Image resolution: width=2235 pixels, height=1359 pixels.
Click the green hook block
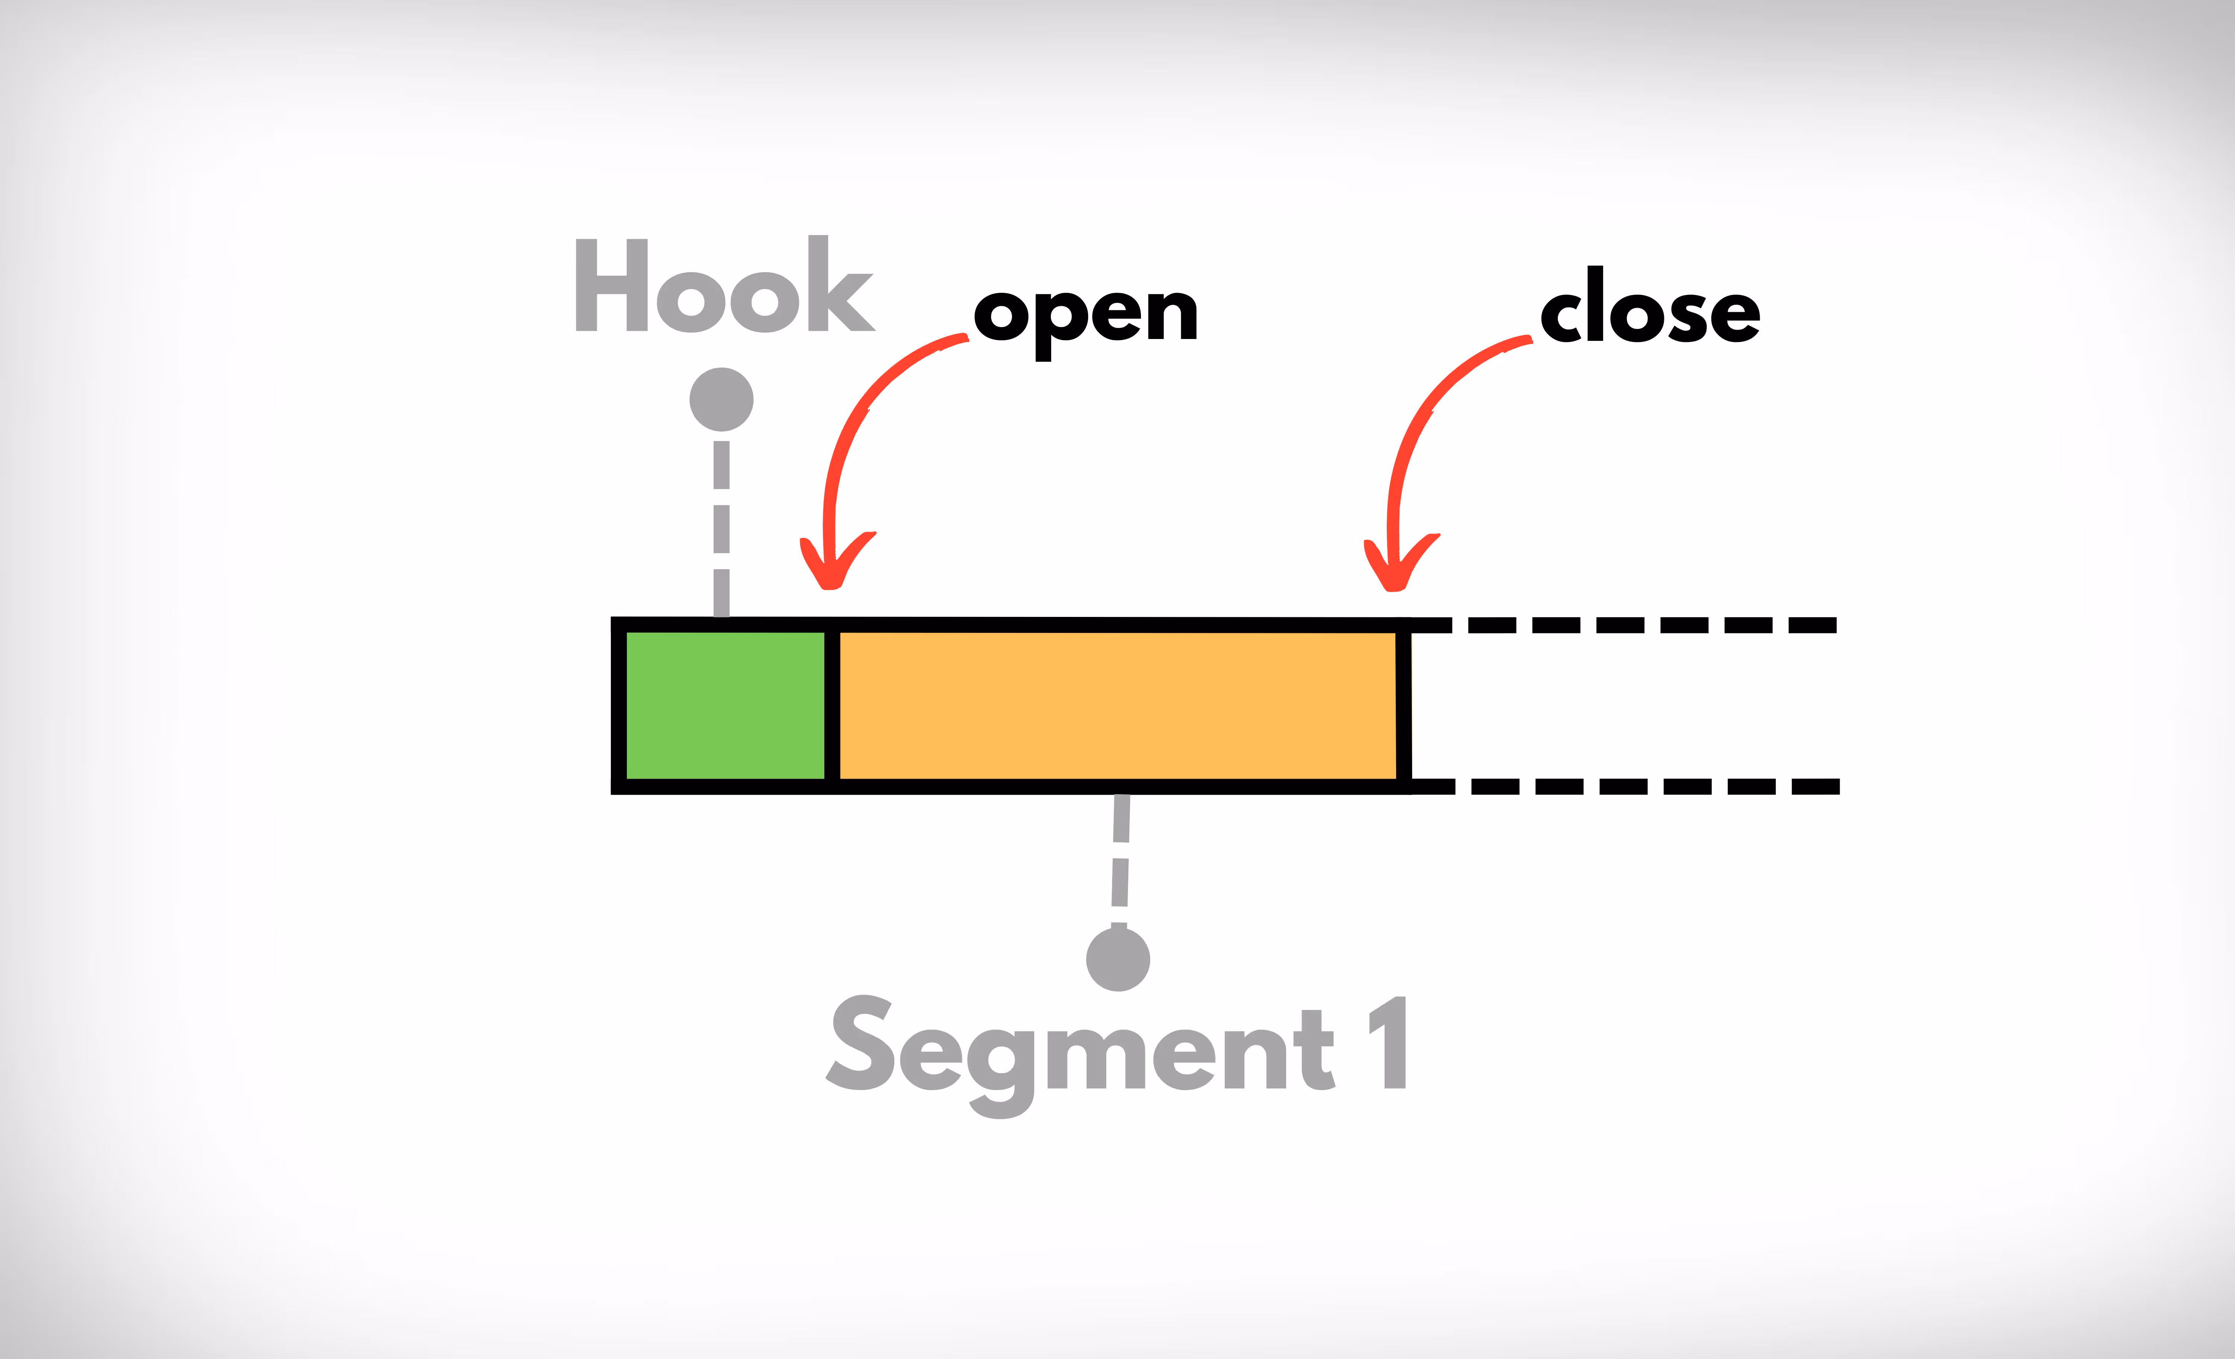(725, 705)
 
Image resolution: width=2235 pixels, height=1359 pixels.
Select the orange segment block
(1117, 705)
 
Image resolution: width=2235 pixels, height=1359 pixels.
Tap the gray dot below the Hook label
(721, 399)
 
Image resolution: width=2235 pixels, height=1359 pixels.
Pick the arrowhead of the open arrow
(833, 571)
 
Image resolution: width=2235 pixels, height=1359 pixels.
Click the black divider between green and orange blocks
(832, 705)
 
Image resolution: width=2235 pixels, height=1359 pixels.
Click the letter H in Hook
(611, 286)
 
